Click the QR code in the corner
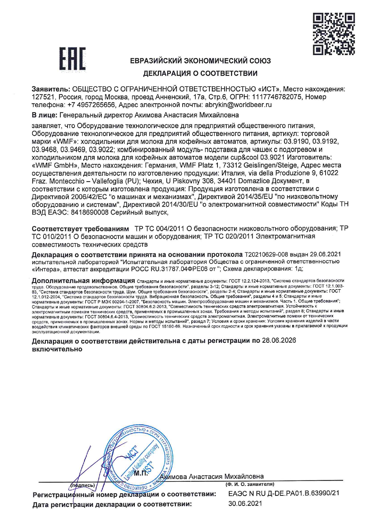click(334, 34)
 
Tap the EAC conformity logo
click(72, 60)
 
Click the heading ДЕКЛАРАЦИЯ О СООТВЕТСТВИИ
click(200, 73)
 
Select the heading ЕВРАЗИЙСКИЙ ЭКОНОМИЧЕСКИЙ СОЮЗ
click(200, 61)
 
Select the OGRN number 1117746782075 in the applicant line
click(278, 97)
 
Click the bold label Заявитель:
click(51, 89)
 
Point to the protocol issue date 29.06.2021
click(325, 254)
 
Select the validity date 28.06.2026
click(279, 340)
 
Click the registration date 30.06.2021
click(245, 503)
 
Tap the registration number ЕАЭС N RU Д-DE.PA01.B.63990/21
click(284, 493)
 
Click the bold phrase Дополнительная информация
click(83, 281)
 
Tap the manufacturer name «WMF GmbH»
click(55, 165)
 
